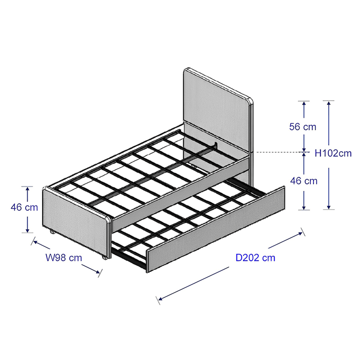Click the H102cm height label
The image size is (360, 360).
333,153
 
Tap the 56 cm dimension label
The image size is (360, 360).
303,127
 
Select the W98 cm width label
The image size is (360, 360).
64,258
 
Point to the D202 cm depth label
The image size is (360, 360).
255,258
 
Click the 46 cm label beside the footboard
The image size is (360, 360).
24,208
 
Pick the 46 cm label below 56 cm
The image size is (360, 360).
304,181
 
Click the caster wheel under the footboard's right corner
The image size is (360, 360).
104,258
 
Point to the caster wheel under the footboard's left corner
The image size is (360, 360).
52,232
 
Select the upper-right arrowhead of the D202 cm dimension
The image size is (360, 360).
300,234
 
